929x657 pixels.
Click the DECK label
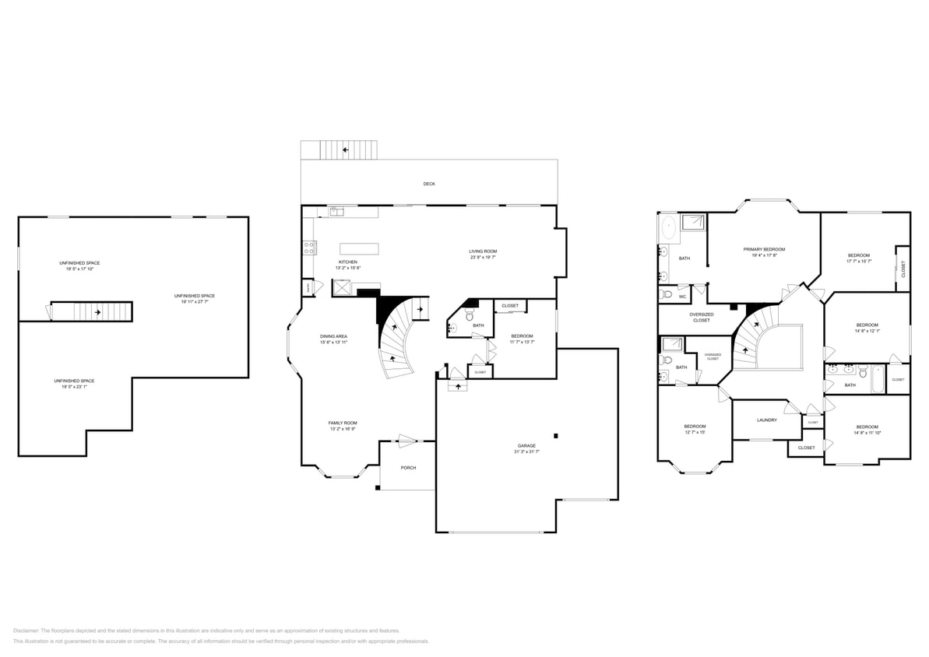(x=429, y=184)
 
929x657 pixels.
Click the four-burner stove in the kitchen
(x=309, y=248)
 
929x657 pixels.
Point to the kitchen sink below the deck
(x=336, y=210)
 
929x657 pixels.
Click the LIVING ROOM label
(x=482, y=251)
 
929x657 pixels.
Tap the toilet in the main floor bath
(x=469, y=314)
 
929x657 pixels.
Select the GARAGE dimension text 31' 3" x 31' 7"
(x=526, y=451)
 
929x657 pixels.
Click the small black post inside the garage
(x=555, y=436)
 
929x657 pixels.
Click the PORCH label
(x=408, y=468)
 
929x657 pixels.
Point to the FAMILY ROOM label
(x=343, y=423)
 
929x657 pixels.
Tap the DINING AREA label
(x=333, y=336)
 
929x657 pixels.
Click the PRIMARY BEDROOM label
(x=763, y=249)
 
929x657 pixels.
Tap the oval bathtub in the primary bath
(x=668, y=228)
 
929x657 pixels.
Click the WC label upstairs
(x=682, y=297)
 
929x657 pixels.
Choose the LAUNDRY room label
(x=766, y=420)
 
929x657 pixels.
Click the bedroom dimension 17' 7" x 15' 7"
(x=858, y=261)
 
